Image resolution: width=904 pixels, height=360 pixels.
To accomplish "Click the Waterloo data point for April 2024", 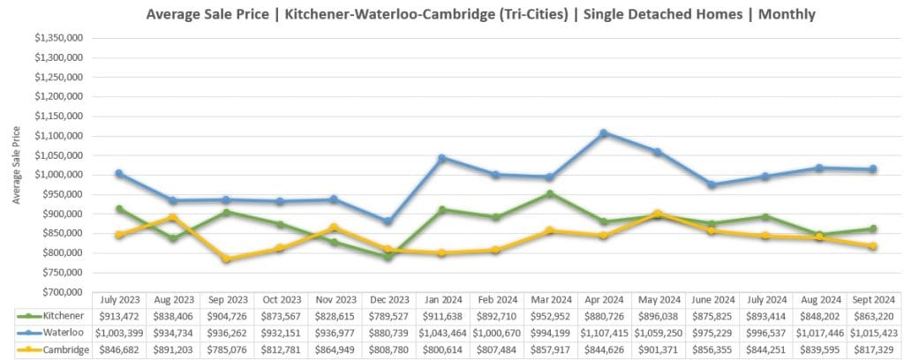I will click(603, 133).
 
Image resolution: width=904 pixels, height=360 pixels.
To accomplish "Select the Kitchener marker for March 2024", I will click(549, 193).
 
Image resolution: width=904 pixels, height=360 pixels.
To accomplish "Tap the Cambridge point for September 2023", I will click(226, 259).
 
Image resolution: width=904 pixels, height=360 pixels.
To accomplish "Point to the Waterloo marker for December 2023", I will click(388, 221).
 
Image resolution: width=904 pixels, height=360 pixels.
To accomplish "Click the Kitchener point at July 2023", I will click(119, 209).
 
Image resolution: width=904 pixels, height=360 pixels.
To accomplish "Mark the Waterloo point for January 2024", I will click(441, 158).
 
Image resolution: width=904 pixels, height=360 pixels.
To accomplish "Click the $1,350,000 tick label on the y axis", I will click(59, 39).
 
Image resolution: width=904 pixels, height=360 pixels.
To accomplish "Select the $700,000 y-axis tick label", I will click(59, 292).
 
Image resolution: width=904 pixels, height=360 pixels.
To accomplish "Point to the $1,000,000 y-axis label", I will click(59, 175).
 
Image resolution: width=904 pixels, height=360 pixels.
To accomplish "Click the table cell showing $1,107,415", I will click(603, 332).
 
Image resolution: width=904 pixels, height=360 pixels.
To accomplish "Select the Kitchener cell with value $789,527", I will click(388, 316).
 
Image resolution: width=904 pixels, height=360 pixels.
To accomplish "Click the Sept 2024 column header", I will click(872, 300).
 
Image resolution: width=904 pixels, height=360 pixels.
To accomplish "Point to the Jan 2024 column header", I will click(441, 300).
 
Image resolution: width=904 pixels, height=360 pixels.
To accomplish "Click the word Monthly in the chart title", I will click(779, 15).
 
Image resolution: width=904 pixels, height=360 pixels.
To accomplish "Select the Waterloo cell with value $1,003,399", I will click(119, 332).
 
